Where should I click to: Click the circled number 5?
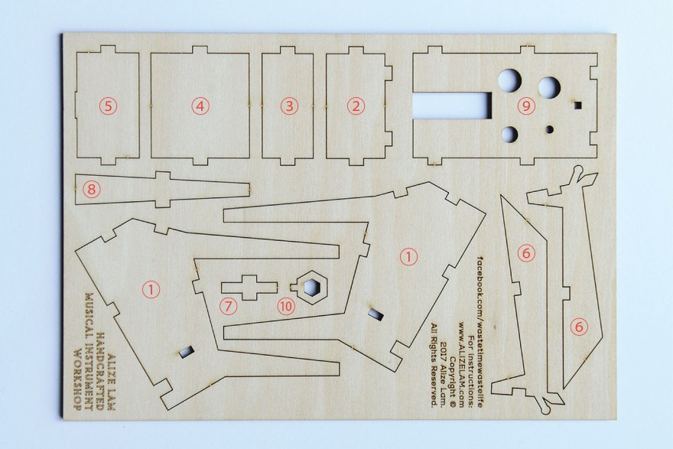click(108, 106)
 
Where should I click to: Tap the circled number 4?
click(200, 106)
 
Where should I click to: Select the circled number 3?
click(289, 106)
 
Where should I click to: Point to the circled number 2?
click(355, 106)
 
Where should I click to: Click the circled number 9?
click(526, 106)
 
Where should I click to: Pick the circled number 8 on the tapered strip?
click(92, 189)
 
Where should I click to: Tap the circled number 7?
click(228, 306)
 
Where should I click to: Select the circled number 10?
click(286, 306)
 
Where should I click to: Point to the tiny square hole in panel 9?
click(578, 104)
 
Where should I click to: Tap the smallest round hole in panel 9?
click(550, 129)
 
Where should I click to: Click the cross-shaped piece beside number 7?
click(249, 287)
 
